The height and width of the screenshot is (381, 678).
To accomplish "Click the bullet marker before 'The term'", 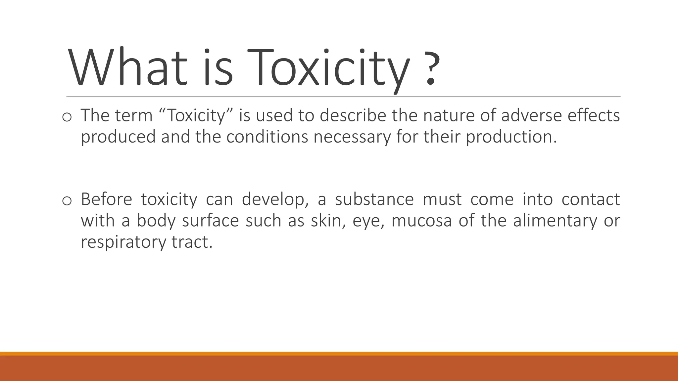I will point(67,117).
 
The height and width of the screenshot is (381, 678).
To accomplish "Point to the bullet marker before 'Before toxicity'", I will point(67,201).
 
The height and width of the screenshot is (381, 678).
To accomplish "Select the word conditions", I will point(267,137).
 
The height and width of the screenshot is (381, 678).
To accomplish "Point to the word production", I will point(511,137).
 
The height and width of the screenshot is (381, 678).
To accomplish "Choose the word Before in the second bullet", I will point(106,199).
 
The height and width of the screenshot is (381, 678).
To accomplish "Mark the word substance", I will point(374,199).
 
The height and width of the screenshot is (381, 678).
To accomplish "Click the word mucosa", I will point(421,221).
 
